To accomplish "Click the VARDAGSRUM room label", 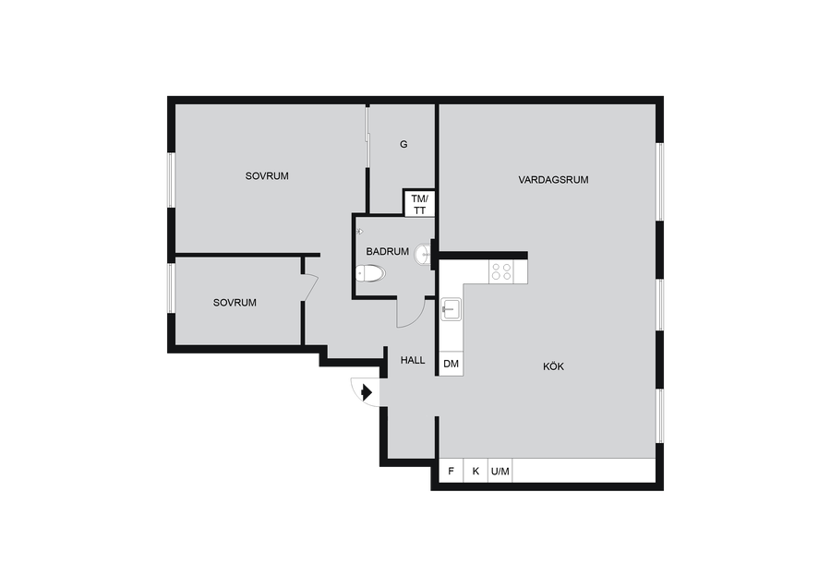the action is [x=553, y=180].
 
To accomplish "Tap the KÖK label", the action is [x=553, y=366].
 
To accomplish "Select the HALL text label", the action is [x=413, y=360].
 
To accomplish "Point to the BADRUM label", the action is [x=388, y=252].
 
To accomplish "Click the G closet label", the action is [x=403, y=144].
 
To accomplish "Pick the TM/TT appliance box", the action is [x=419, y=203].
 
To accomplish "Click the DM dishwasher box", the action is [x=451, y=364].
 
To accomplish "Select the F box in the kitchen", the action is [x=452, y=471].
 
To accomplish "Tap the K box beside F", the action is [x=476, y=471].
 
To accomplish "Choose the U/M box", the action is [x=500, y=471].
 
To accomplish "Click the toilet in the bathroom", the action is [x=370, y=273].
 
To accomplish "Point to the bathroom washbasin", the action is [x=424, y=253].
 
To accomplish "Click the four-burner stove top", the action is [x=501, y=271].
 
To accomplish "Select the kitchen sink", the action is [x=451, y=309].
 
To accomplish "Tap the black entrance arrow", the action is [x=367, y=392].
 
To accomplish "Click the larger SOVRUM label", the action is [x=267, y=176].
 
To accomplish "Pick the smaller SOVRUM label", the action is [x=235, y=303].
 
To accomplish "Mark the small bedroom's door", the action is [x=309, y=288].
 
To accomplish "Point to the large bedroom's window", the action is [x=171, y=180].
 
